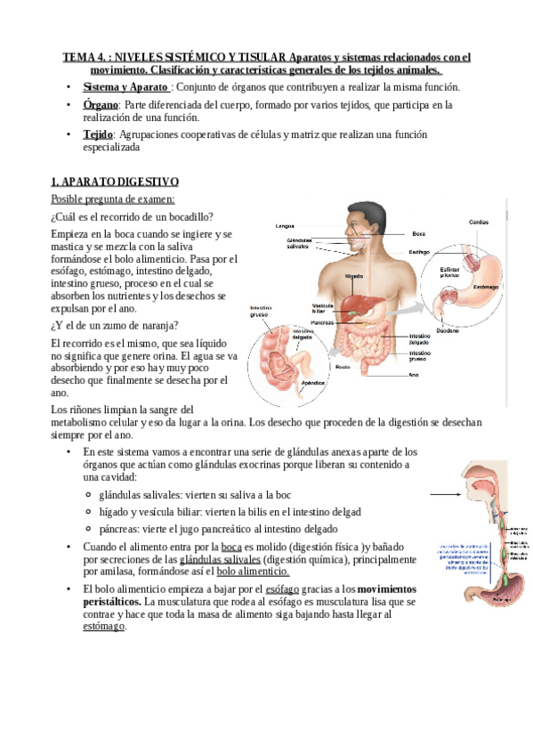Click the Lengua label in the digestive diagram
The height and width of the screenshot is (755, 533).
pyautogui.click(x=285, y=226)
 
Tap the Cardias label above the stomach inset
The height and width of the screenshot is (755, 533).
pyautogui.click(x=478, y=221)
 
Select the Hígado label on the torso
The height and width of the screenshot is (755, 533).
pyautogui.click(x=353, y=277)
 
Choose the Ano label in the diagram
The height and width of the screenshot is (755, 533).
pyautogui.click(x=413, y=375)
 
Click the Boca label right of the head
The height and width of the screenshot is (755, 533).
pyautogui.click(x=419, y=233)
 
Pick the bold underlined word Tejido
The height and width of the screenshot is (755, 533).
pyautogui.click(x=98, y=134)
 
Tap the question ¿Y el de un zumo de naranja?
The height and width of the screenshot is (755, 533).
pyautogui.click(x=115, y=324)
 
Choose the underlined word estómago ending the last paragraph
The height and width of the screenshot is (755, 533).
pyautogui.click(x=104, y=626)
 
